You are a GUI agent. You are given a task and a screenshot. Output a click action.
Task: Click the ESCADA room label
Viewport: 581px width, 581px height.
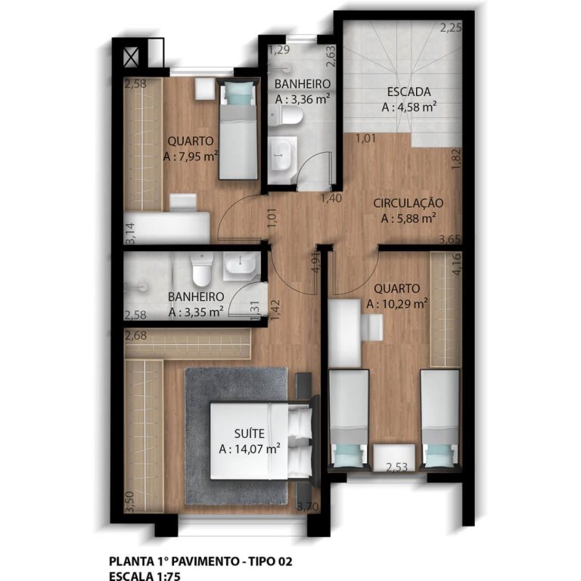(x=409, y=92)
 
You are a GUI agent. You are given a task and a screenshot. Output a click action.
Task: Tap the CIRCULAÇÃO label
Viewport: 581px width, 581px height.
(x=408, y=203)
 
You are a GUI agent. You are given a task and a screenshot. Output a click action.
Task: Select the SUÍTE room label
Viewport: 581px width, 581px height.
(x=249, y=433)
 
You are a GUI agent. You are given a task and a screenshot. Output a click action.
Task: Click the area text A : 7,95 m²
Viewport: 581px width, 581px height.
(x=190, y=157)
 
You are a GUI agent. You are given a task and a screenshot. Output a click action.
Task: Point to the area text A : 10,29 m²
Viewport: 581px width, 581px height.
(x=397, y=304)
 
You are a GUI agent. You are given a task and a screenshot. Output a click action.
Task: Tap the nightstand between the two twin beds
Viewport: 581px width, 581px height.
(x=394, y=457)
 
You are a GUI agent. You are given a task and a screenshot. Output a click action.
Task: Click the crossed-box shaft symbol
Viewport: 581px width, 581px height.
(x=131, y=57)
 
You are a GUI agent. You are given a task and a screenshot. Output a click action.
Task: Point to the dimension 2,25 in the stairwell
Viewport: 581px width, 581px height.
(x=451, y=28)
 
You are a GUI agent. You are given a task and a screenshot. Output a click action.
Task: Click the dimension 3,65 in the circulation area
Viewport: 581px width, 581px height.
(x=449, y=239)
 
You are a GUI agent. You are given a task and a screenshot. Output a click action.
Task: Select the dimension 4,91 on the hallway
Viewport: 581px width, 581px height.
(x=315, y=263)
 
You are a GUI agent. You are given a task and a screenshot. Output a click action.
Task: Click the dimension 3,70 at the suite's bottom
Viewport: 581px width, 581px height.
(x=308, y=506)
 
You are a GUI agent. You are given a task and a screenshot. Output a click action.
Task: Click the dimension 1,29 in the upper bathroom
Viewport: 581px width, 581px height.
(x=279, y=50)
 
